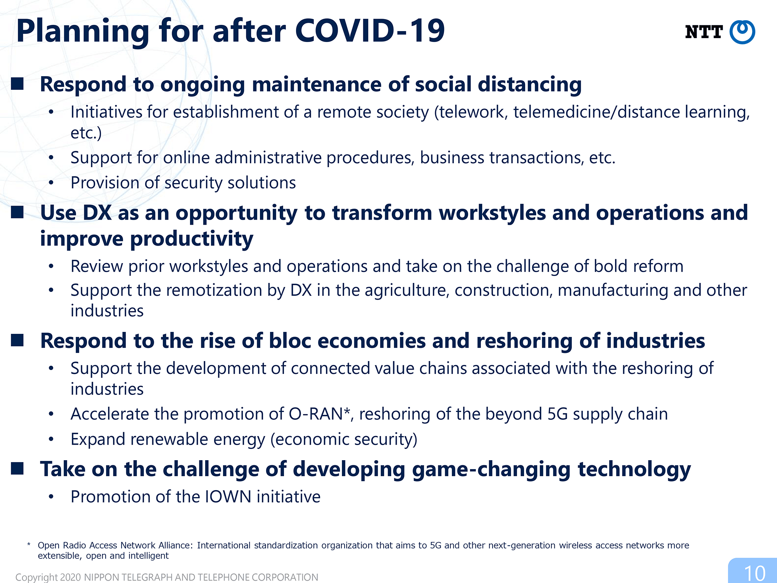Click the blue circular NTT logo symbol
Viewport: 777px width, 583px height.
(742, 32)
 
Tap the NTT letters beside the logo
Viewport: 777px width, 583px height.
(704, 32)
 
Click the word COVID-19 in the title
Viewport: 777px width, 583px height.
(369, 31)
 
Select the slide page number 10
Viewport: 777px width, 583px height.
(754, 573)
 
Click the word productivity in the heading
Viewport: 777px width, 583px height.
(192, 239)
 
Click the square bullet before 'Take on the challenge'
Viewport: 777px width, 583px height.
(17, 468)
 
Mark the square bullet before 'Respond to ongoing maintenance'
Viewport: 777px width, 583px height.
(17, 84)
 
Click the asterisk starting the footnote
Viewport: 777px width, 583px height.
(29, 545)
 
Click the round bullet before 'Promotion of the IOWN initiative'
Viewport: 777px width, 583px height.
(51, 497)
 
